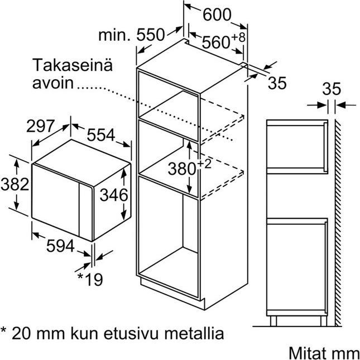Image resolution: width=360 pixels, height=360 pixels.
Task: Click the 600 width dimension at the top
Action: click(217, 15)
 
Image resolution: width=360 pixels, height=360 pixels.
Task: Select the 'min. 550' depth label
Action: click(132, 35)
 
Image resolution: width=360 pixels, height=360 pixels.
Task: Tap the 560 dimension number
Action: click(215, 42)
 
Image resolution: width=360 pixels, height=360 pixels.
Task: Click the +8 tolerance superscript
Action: click(238, 37)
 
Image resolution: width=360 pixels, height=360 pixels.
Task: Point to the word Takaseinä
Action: click(73, 65)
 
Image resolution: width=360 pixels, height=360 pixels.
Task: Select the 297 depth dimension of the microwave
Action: click(40, 126)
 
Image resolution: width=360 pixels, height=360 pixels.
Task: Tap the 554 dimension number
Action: click(101, 135)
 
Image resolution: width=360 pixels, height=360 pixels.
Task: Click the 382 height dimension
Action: click(15, 184)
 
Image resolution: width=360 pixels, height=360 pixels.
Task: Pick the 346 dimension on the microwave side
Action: click(114, 195)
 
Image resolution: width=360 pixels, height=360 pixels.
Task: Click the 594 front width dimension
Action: click(60, 246)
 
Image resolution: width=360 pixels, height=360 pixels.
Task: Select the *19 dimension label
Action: click(90, 279)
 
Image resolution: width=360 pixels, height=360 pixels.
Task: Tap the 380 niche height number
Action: click(181, 169)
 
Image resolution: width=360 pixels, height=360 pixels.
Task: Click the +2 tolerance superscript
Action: click(204, 164)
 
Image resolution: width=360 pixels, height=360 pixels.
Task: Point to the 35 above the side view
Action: click(332, 89)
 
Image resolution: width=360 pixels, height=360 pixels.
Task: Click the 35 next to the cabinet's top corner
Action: click(277, 83)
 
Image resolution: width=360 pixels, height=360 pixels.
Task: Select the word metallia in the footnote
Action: click(193, 333)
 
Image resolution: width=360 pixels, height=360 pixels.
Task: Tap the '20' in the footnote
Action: click(21, 334)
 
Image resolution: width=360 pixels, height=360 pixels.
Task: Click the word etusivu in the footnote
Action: click(131, 334)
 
